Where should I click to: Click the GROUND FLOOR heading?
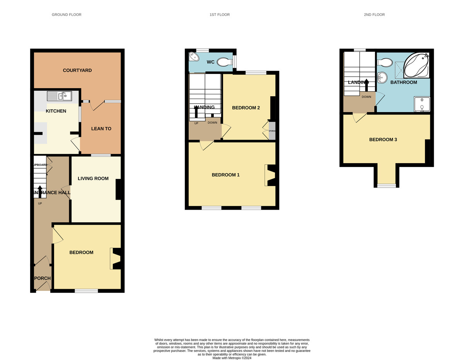[67, 15]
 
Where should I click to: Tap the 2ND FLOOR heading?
[374, 15]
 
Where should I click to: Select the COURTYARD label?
[77, 70]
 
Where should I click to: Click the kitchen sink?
[59, 96]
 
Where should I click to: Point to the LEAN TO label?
[101, 128]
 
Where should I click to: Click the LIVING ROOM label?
[93, 179]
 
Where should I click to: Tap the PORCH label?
[42, 278]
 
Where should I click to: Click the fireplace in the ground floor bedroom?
[116, 258]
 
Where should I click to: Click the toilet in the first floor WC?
[224, 62]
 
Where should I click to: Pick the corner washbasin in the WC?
[193, 57]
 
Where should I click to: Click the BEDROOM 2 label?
[246, 107]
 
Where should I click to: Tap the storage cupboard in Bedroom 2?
[272, 131]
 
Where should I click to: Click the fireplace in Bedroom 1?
[270, 175]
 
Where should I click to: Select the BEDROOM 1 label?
[225, 175]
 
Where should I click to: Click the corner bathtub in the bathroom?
[416, 65]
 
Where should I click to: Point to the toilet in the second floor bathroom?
[385, 62]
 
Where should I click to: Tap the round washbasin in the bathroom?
[382, 78]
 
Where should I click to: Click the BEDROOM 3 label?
[383, 140]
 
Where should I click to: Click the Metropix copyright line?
[232, 358]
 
